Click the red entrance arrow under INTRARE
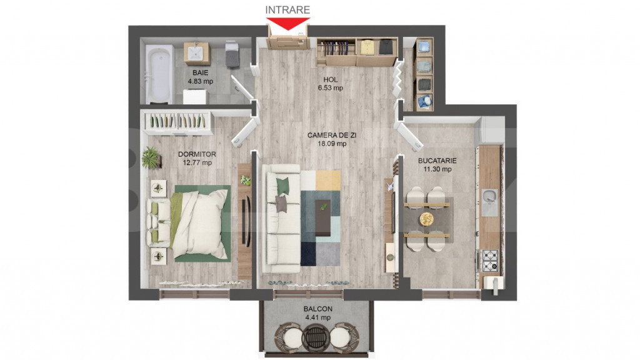coord(287,23)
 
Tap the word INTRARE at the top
coord(287,10)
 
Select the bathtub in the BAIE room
coord(158,75)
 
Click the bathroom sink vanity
coord(197,53)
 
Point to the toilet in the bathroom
coord(232,53)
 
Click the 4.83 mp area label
coord(201,81)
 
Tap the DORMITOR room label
coord(197,154)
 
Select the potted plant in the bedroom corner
coord(151,157)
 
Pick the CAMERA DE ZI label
coord(332,135)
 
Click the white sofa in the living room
coord(282,218)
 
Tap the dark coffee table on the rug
coord(322,217)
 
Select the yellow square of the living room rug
coord(327,181)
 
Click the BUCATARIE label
coord(437,161)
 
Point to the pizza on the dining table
coord(426,219)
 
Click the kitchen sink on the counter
coord(489,202)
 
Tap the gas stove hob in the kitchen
coord(490,261)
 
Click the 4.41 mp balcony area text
coord(318,317)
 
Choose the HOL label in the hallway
coord(330,79)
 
